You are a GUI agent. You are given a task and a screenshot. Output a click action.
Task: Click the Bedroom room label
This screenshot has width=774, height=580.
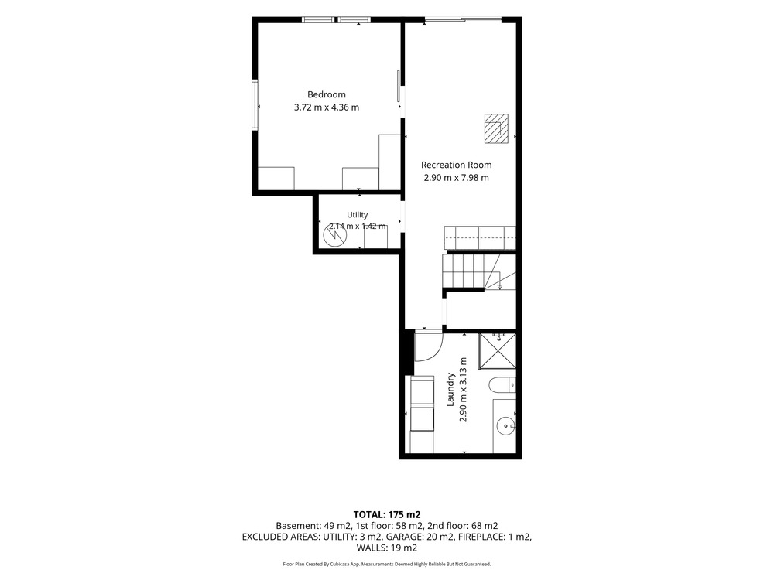(x=327, y=94)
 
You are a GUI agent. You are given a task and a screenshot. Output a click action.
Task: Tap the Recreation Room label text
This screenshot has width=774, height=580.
(x=456, y=165)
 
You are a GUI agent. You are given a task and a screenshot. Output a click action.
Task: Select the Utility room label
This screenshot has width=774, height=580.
(x=357, y=215)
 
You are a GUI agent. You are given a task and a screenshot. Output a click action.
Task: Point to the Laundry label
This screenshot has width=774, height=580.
(x=450, y=390)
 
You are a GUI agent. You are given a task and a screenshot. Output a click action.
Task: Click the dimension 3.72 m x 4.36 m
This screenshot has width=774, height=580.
(x=327, y=107)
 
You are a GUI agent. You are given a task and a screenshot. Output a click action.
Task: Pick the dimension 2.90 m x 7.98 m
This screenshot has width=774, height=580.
(x=456, y=178)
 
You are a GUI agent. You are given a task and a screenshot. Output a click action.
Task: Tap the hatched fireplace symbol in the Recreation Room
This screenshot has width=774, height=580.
(x=496, y=128)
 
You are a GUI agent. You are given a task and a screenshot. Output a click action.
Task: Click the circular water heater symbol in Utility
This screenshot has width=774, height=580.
(x=335, y=236)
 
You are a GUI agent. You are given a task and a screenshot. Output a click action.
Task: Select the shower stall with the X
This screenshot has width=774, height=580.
(x=497, y=351)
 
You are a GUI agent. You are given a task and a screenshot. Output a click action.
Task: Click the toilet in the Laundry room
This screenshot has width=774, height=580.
(x=502, y=384)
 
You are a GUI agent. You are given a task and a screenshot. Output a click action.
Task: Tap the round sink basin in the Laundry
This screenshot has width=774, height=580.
(x=505, y=425)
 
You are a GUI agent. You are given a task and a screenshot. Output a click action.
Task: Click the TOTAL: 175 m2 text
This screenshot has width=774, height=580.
(x=387, y=515)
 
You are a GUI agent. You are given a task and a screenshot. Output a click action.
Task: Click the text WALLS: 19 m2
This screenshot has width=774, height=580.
(x=387, y=548)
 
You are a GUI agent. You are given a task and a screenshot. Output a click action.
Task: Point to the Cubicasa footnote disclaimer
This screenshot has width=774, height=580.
(x=387, y=564)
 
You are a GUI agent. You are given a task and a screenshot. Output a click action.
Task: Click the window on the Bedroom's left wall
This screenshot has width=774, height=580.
(x=255, y=105)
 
